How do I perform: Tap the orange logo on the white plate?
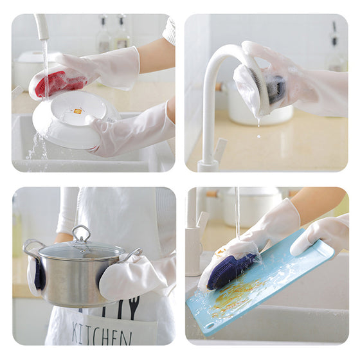click(x=76, y=111)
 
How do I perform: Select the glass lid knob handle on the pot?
click(x=81, y=234)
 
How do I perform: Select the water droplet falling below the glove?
click(x=259, y=136)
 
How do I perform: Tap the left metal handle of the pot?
click(x=33, y=248)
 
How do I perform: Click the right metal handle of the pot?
click(x=133, y=255)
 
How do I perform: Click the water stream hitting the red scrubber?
click(x=46, y=69)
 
